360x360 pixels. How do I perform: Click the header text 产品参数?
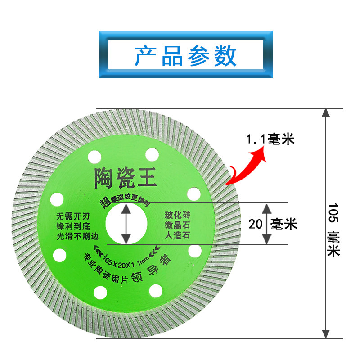click(185, 55)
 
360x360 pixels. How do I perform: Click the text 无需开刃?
click(71, 215)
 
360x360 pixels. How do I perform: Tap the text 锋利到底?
click(71, 225)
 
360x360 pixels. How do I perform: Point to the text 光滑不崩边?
click(75, 235)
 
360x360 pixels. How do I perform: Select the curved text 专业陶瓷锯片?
click(108, 268)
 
